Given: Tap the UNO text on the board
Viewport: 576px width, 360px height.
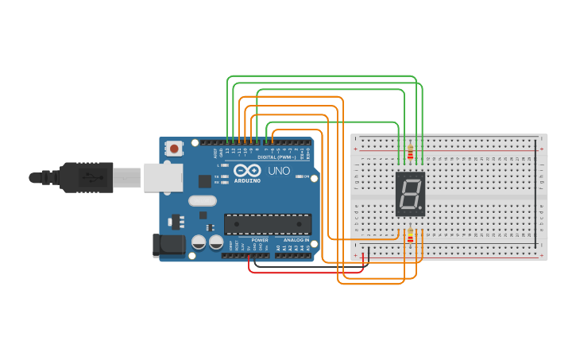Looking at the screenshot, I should pos(279,171).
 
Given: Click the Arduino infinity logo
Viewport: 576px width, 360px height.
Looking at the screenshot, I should pos(248,171).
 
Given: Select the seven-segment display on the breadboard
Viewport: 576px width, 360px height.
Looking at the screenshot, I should pos(410,194).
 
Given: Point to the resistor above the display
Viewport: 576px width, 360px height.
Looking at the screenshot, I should pos(410,153).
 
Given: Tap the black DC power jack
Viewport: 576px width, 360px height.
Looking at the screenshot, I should pos(168,246).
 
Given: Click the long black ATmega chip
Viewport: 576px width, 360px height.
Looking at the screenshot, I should pos(267,224).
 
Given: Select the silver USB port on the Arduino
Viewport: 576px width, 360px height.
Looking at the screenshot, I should pos(163,177).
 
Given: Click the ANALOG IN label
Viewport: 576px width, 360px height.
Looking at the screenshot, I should pos(296,240).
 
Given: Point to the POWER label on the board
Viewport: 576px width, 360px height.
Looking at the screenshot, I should pos(260,240).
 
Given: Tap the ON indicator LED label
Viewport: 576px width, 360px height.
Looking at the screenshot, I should pos(306,176).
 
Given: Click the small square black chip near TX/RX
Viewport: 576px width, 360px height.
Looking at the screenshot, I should pos(205,181).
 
